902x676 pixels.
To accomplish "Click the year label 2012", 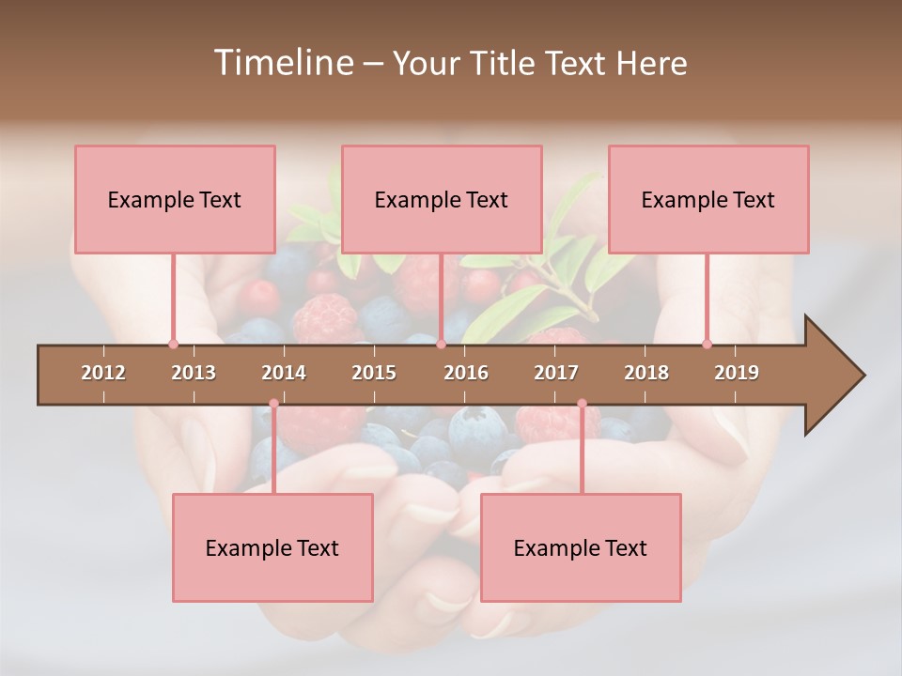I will pos(103,373).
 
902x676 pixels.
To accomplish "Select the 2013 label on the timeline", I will pos(194,373).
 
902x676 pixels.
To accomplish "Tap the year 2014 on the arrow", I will pos(284,373).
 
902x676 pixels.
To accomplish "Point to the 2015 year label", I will pos(374,373).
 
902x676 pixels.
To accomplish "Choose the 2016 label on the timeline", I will pos(466,373).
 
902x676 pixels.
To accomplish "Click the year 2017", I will pos(556,373).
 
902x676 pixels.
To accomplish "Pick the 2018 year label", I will pos(646,373).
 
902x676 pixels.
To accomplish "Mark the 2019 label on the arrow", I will pos(737,373).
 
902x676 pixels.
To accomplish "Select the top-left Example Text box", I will pos(175,199).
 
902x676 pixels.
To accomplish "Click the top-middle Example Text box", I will pos(442,199).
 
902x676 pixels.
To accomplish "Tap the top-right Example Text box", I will pos(708,199).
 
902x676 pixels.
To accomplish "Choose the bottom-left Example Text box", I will pos(272,547).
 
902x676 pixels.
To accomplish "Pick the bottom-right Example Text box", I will pos(581,547).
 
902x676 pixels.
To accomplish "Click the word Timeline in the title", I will pos(281,63).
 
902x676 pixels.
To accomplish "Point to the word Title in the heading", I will pos(504,63).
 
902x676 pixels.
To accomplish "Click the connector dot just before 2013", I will pos(173,344).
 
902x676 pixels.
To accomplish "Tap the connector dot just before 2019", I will pos(707,344).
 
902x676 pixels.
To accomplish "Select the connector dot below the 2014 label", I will pos(273,404).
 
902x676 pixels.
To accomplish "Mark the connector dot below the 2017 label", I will pos(582,404).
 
